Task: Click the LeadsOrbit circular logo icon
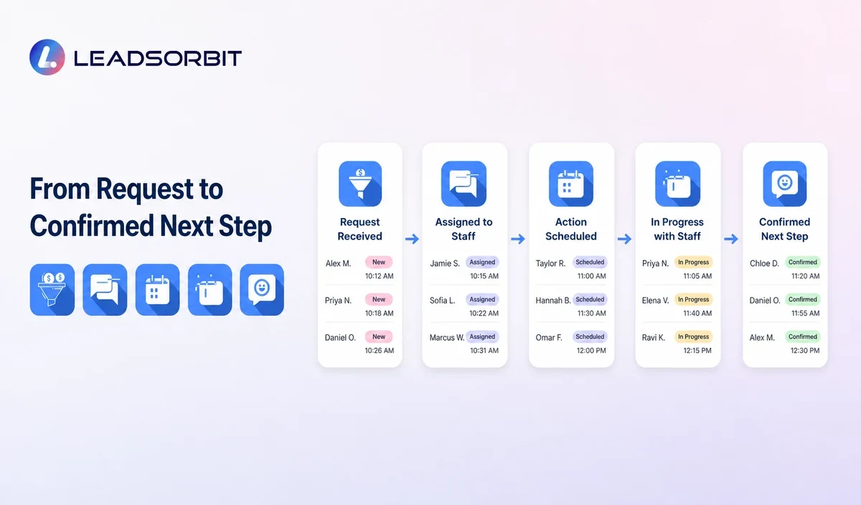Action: [x=47, y=57]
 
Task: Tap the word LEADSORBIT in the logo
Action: [x=158, y=58]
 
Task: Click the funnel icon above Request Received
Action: [x=360, y=184]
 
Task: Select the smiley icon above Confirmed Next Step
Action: [x=784, y=184]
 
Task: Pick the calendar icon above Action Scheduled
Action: [x=571, y=184]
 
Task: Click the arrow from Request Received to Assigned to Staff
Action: [x=412, y=239]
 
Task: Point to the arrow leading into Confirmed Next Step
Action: [x=731, y=239]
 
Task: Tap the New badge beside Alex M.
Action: [x=379, y=262]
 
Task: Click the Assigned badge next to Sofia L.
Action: [x=482, y=299]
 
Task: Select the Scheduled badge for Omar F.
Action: [x=590, y=336]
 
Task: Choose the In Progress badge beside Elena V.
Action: [x=693, y=299]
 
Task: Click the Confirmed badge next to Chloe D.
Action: [x=803, y=262]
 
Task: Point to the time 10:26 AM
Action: [x=380, y=351]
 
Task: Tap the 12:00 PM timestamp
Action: [x=591, y=351]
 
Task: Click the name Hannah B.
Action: [x=553, y=301]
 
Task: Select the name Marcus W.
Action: [x=447, y=338]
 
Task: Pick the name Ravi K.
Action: [x=653, y=338]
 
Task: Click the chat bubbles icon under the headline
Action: [x=105, y=290]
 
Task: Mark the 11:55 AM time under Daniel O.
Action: [x=805, y=313]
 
